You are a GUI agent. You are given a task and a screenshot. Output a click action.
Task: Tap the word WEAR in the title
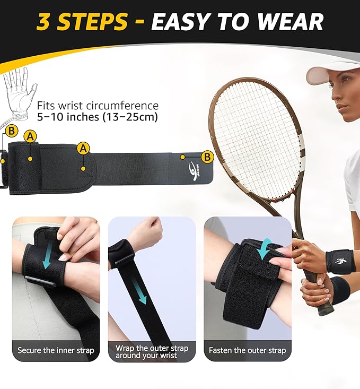coord(293,22)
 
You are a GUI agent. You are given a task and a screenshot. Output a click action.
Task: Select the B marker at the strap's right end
coord(207,157)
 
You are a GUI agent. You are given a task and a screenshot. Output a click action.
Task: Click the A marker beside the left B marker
coord(31,136)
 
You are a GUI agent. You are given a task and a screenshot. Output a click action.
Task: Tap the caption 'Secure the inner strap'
coord(56,350)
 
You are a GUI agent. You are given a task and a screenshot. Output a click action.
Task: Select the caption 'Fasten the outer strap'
coord(248,350)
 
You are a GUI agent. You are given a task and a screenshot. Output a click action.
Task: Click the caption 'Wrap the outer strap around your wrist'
coord(152,351)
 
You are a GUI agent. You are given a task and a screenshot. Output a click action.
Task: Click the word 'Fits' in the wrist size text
coord(46,106)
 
